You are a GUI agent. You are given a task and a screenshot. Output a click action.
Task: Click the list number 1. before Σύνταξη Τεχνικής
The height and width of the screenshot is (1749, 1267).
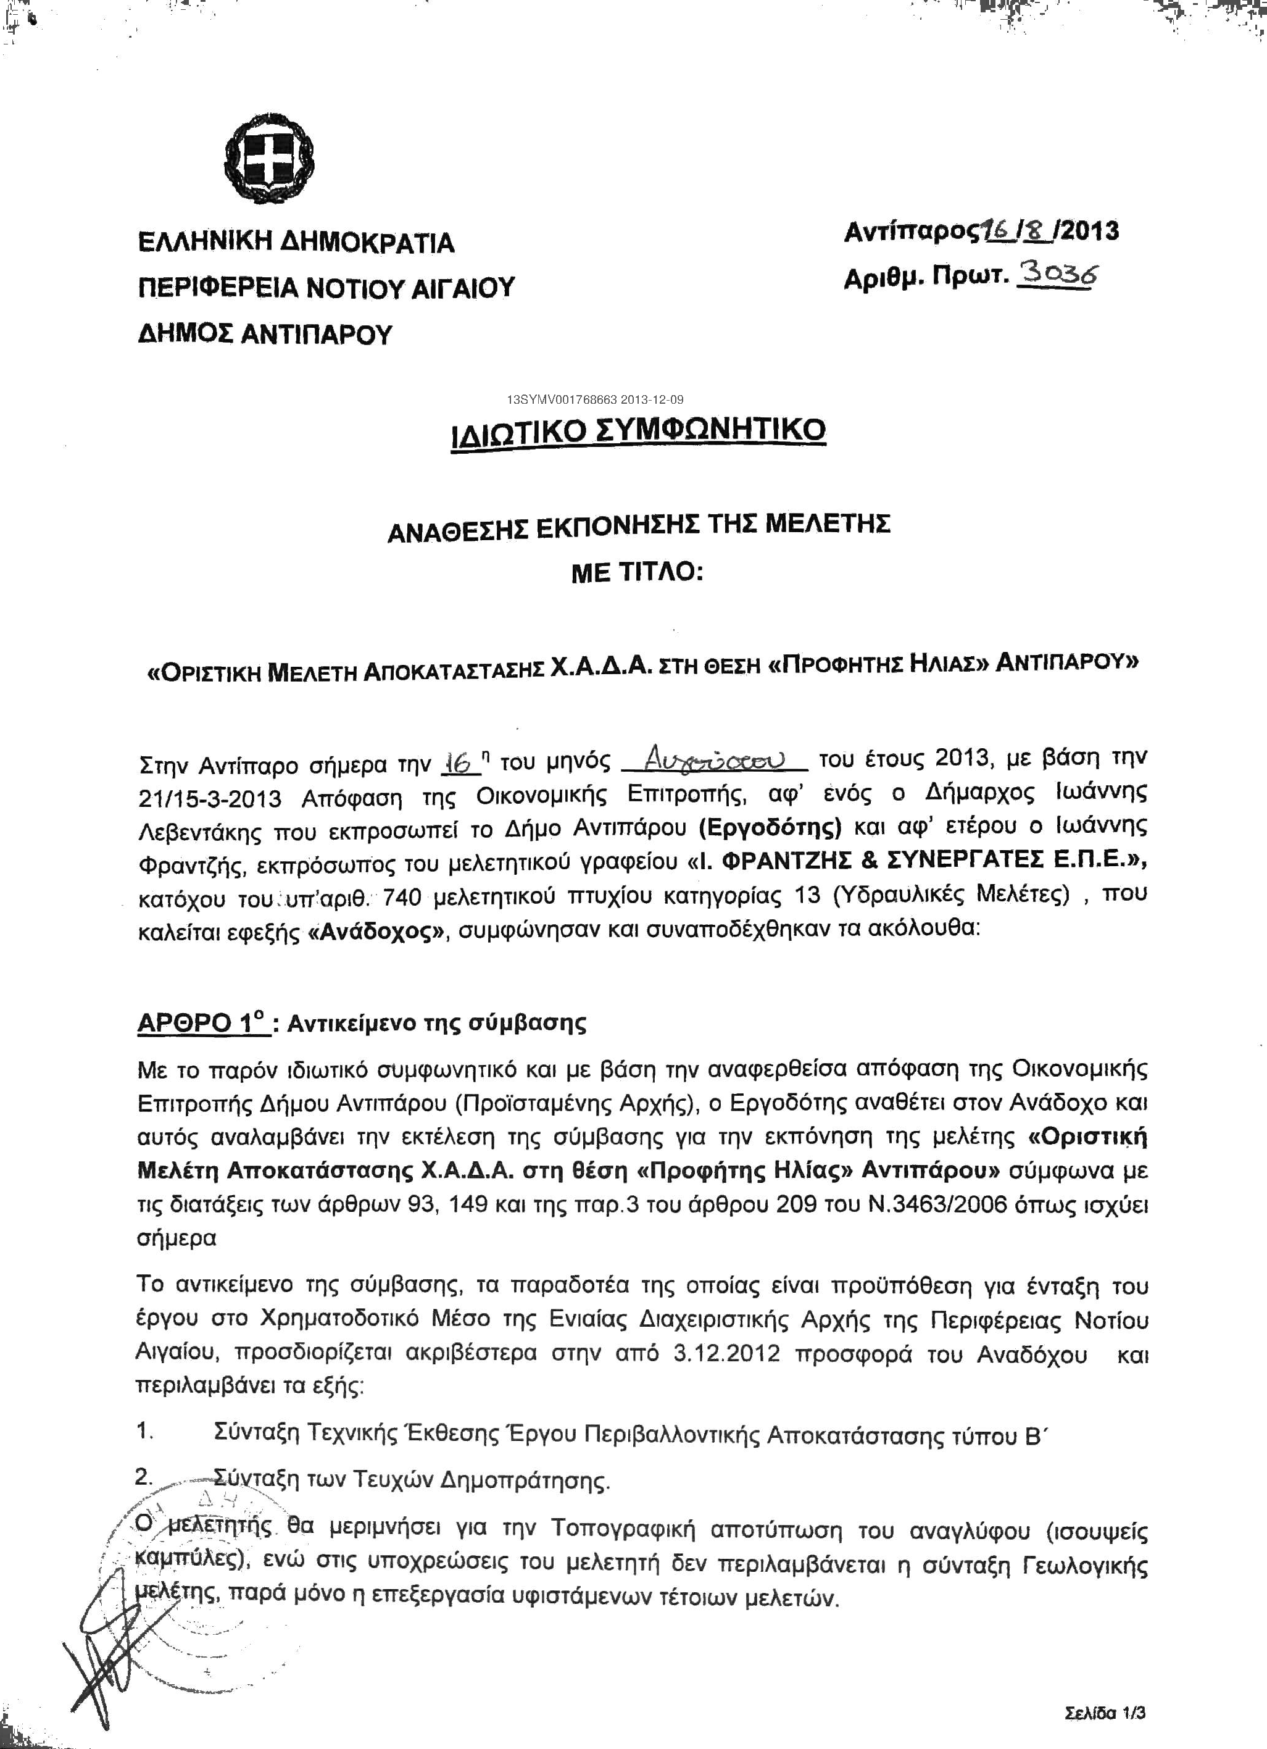pyautogui.click(x=146, y=1431)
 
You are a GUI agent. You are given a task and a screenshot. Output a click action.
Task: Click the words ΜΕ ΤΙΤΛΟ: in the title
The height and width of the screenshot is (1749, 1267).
pyautogui.click(x=638, y=575)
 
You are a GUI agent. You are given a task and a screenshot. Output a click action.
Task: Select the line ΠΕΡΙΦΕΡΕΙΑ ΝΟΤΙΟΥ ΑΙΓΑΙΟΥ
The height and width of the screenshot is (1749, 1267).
pyautogui.click(x=326, y=288)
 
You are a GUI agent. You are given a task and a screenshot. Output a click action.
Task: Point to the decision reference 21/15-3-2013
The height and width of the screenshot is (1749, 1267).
pyautogui.click(x=210, y=798)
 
